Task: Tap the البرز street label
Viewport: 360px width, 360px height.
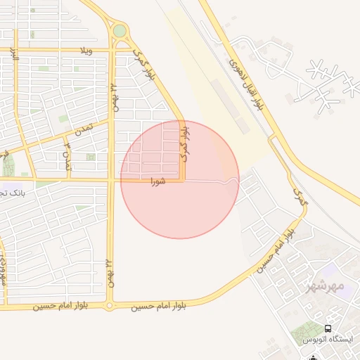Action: pyautogui.click(x=13, y=55)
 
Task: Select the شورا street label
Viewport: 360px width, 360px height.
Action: pyautogui.click(x=157, y=181)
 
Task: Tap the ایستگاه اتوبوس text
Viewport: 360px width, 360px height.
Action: pyautogui.click(x=328, y=340)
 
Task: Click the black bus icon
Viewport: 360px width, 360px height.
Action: pyautogui.click(x=328, y=328)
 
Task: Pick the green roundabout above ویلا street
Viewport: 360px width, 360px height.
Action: pyautogui.click(x=120, y=31)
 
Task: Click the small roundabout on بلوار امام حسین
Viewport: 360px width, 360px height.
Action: pyautogui.click(x=109, y=305)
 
